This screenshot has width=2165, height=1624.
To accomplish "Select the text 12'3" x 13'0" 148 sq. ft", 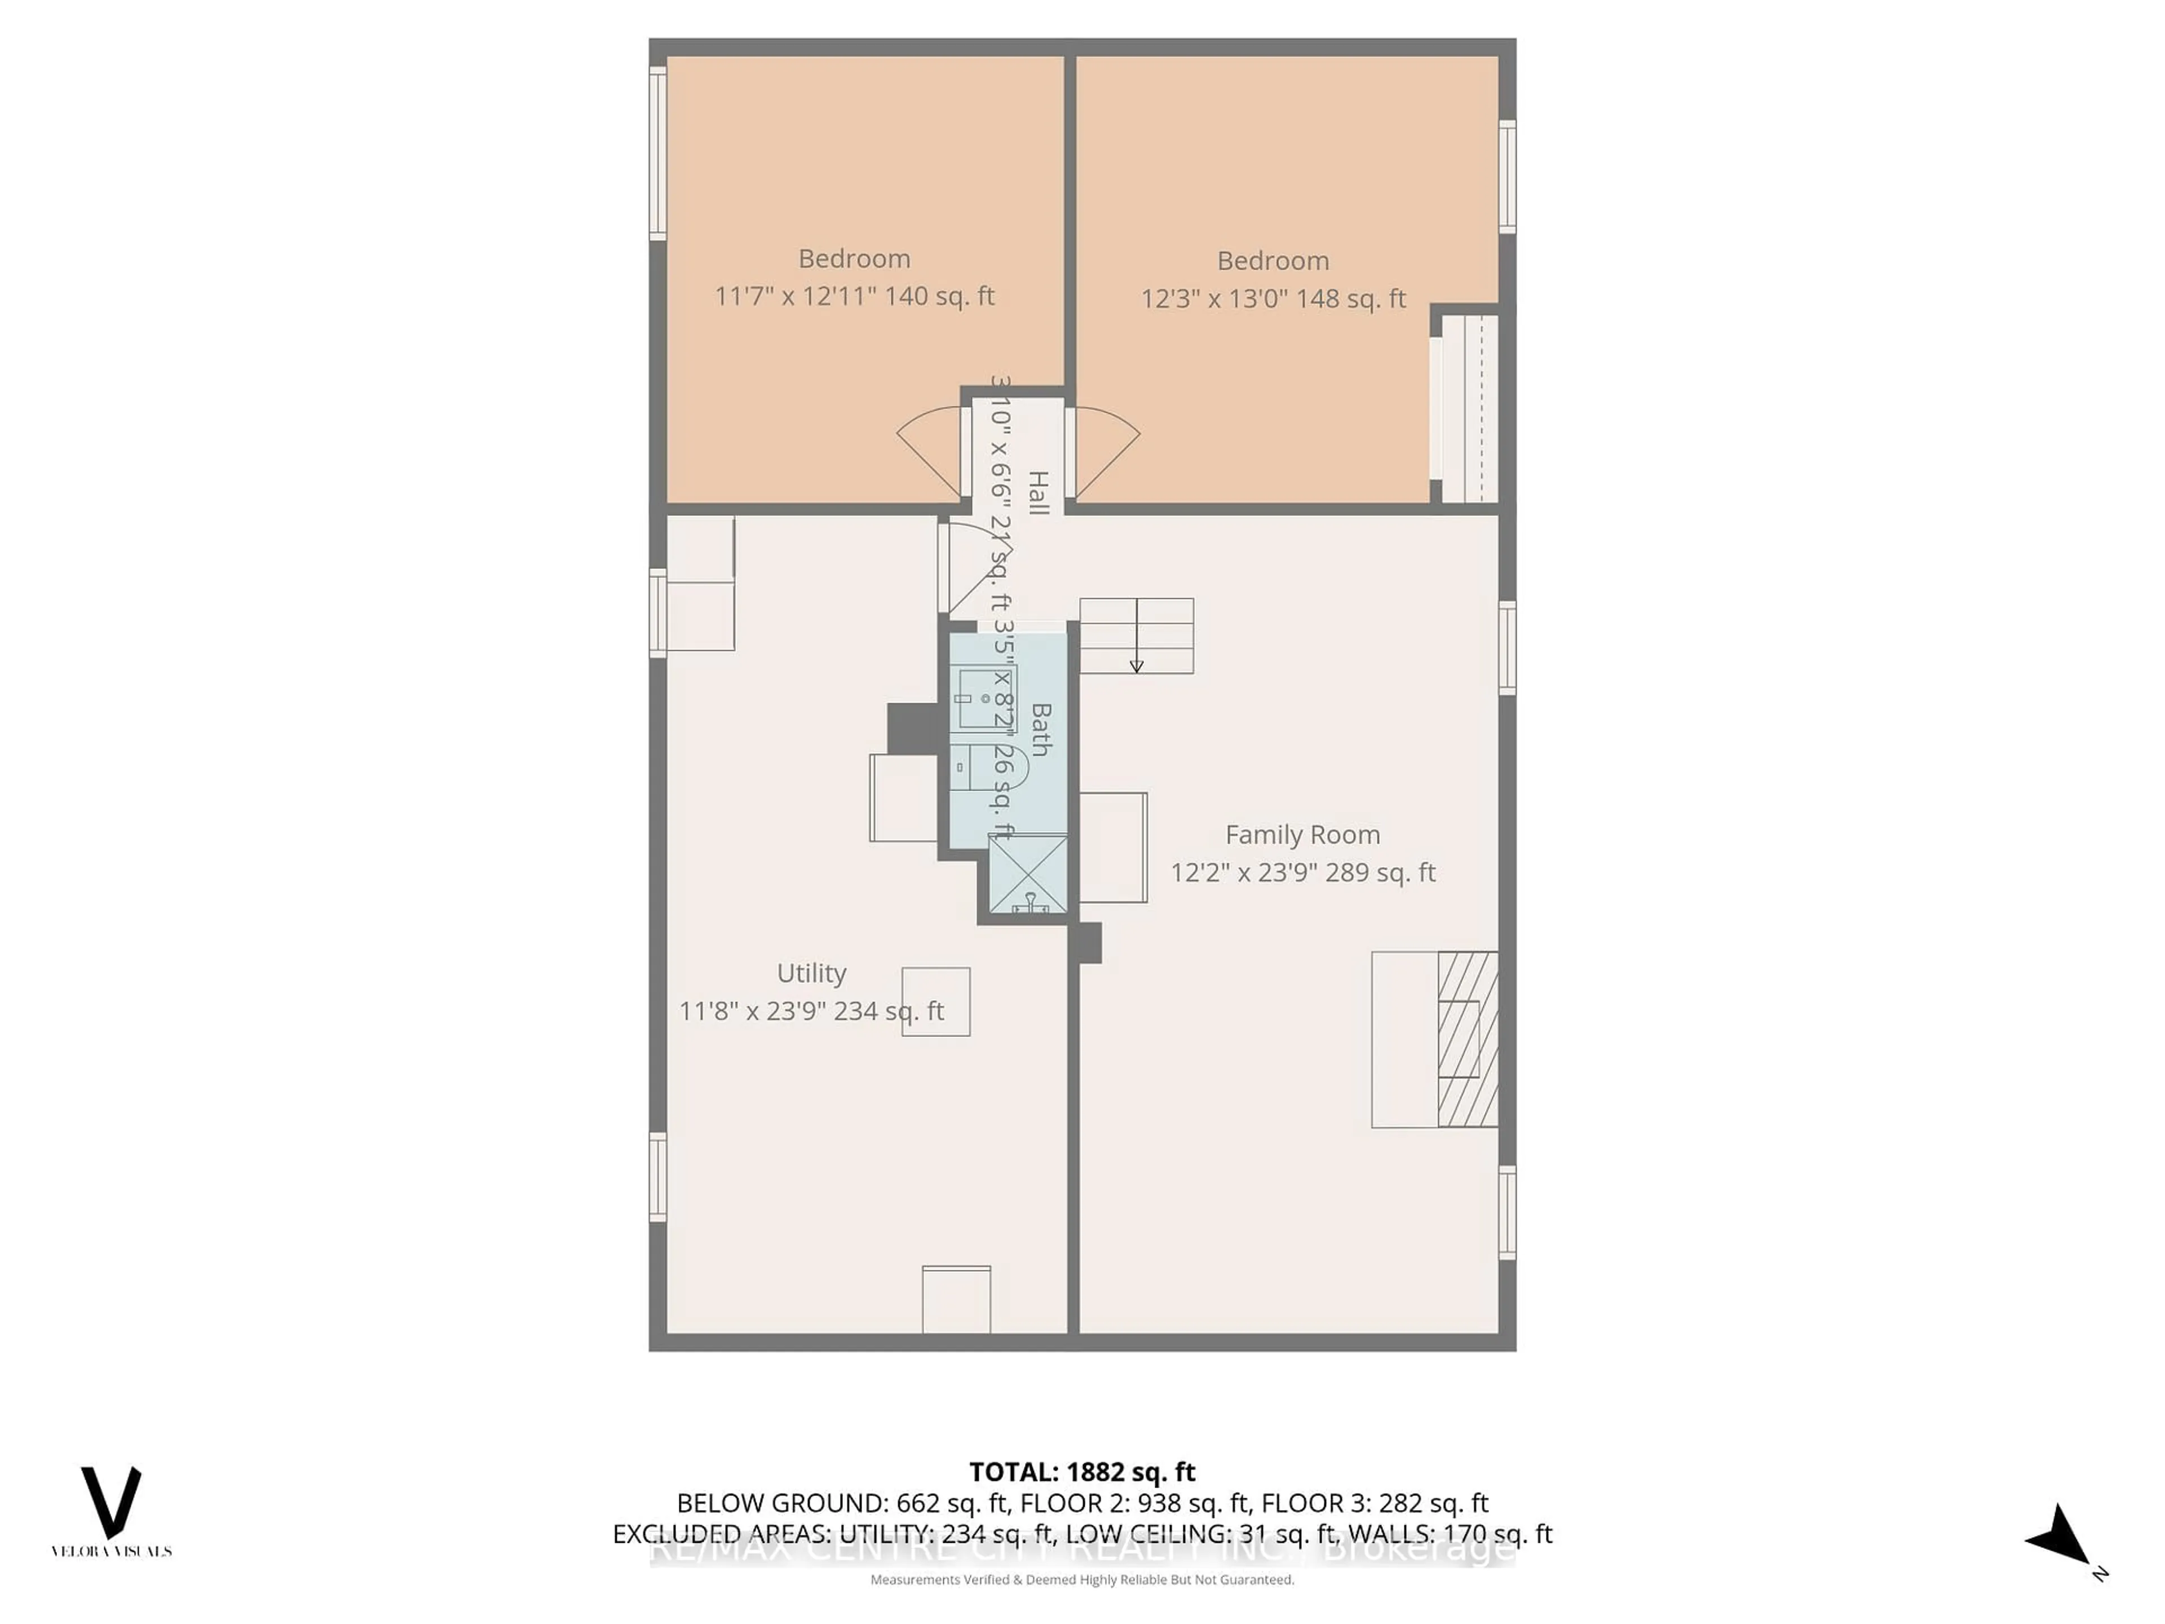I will [1273, 298].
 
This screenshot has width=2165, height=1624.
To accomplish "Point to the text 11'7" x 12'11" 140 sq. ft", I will [855, 295].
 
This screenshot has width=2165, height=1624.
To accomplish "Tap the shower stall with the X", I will [1028, 875].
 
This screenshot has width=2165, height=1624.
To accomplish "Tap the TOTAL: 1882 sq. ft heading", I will [1081, 1472].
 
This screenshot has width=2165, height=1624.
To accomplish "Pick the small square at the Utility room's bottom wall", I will [956, 1299].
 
